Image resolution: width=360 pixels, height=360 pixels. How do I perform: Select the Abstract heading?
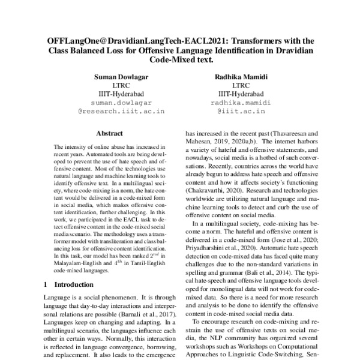(109, 133)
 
